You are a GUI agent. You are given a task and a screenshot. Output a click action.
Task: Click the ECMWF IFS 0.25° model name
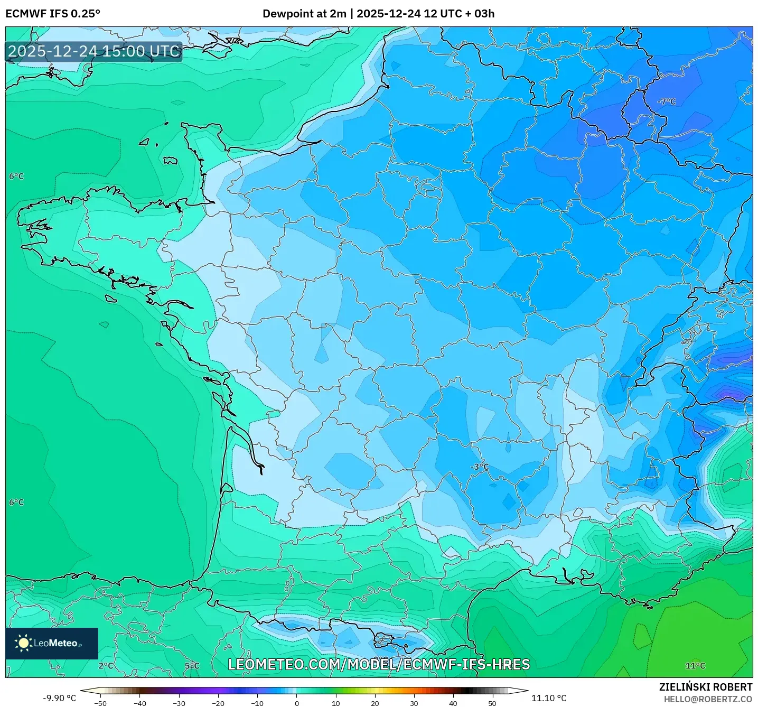[53, 14]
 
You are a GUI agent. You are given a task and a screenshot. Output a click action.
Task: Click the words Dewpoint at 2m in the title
[304, 14]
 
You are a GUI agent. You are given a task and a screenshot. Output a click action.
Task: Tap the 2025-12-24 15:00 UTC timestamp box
[94, 51]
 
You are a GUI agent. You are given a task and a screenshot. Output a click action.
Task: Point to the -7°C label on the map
[666, 101]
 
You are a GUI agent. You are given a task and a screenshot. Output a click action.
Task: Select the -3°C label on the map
[480, 467]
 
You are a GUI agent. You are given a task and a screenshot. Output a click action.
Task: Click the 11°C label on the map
[695, 666]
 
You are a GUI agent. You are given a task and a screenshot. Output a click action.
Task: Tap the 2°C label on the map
[106, 666]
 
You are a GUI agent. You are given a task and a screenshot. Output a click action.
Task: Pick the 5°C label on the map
[192, 666]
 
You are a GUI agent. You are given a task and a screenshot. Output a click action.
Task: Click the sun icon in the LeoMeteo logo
[23, 643]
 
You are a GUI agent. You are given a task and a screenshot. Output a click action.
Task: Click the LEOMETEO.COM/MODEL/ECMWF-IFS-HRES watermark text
[379, 664]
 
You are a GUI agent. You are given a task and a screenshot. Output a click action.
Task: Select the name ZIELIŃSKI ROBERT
[706, 687]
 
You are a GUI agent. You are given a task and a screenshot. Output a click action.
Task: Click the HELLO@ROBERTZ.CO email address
[708, 699]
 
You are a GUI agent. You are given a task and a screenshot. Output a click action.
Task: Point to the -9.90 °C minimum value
[59, 698]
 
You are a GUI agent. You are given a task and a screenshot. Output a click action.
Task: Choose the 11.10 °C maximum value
[549, 698]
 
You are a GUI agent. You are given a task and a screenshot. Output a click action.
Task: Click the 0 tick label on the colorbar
[297, 703]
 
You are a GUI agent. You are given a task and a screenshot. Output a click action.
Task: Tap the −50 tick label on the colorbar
[100, 703]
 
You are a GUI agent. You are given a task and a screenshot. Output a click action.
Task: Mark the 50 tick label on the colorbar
[492, 703]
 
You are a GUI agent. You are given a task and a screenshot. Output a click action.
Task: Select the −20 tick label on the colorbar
[218, 703]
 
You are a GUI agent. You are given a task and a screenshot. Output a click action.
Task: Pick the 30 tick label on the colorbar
[414, 703]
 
